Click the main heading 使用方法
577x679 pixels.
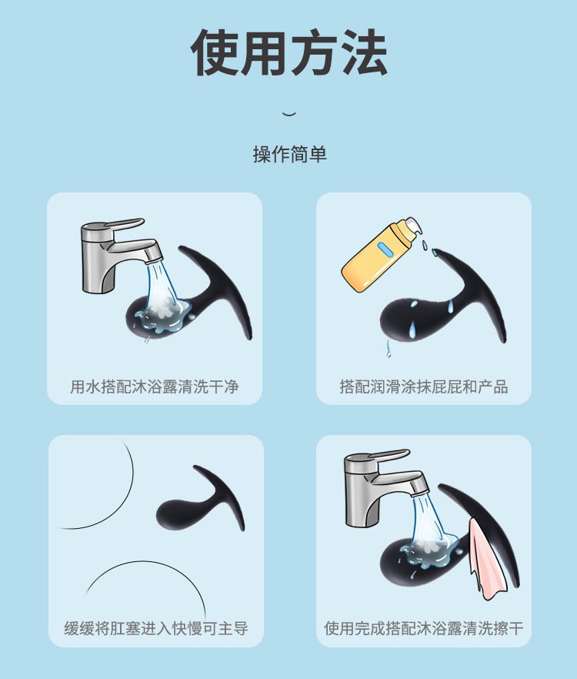[x=288, y=53]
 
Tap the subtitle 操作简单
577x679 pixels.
[x=289, y=155]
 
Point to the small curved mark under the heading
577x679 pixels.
[x=289, y=114]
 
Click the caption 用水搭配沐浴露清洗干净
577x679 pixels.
[x=155, y=386]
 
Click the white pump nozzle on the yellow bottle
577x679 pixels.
[x=412, y=228]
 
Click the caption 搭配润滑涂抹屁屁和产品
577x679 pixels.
[x=424, y=386]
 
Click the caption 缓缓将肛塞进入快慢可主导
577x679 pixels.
[x=156, y=628]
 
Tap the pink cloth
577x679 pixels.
[x=487, y=559]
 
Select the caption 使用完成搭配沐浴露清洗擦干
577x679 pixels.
[x=424, y=628]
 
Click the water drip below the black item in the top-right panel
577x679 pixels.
[x=389, y=348]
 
